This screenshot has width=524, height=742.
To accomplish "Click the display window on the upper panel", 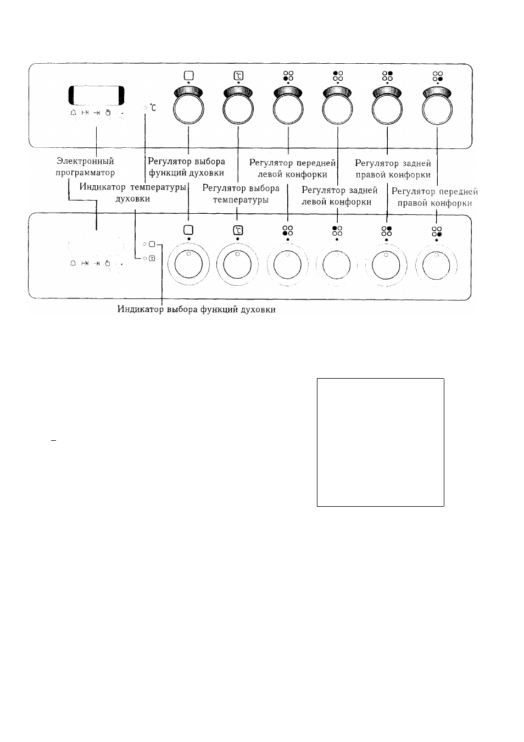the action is point(96,95).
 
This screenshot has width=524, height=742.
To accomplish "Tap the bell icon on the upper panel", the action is point(73,113).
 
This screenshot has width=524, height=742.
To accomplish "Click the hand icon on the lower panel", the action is point(108,263).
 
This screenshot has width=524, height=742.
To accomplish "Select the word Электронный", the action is point(85,162).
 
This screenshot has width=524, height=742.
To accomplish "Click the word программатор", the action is point(85,173).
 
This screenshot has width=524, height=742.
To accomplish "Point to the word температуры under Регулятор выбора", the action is point(241,200).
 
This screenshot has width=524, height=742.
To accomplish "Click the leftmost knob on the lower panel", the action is point(188,264).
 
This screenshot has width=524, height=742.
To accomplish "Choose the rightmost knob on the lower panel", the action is point(436,265).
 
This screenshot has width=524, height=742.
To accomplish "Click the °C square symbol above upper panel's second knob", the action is point(238,76).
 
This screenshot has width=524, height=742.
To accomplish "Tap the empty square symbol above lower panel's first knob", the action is point(188,230).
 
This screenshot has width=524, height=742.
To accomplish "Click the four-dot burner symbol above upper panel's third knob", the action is point(288,76).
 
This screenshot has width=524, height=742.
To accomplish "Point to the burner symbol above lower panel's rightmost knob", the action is point(437,231).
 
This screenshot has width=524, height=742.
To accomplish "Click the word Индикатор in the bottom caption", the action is point(141,309).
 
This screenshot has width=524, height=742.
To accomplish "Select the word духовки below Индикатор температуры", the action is point(133,199).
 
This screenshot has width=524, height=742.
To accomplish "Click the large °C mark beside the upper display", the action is point(153,107).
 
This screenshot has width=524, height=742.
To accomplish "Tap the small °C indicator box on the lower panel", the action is point(152,258).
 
